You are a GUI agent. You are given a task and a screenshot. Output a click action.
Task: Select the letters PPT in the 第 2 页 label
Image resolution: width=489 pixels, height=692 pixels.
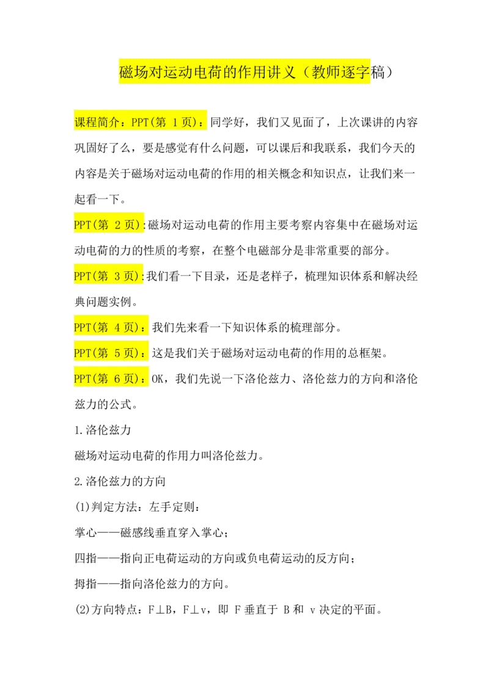click(x=83, y=225)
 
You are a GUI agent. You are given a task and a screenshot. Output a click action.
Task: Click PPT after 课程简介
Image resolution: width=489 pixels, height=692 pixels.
click(x=140, y=122)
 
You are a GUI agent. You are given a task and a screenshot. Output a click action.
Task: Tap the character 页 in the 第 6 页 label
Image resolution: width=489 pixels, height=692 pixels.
click(x=132, y=379)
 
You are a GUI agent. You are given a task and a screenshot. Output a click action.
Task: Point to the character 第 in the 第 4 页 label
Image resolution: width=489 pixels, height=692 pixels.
click(x=103, y=328)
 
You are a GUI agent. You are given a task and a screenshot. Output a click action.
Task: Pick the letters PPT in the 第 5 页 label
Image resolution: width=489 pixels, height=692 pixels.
click(x=83, y=353)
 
